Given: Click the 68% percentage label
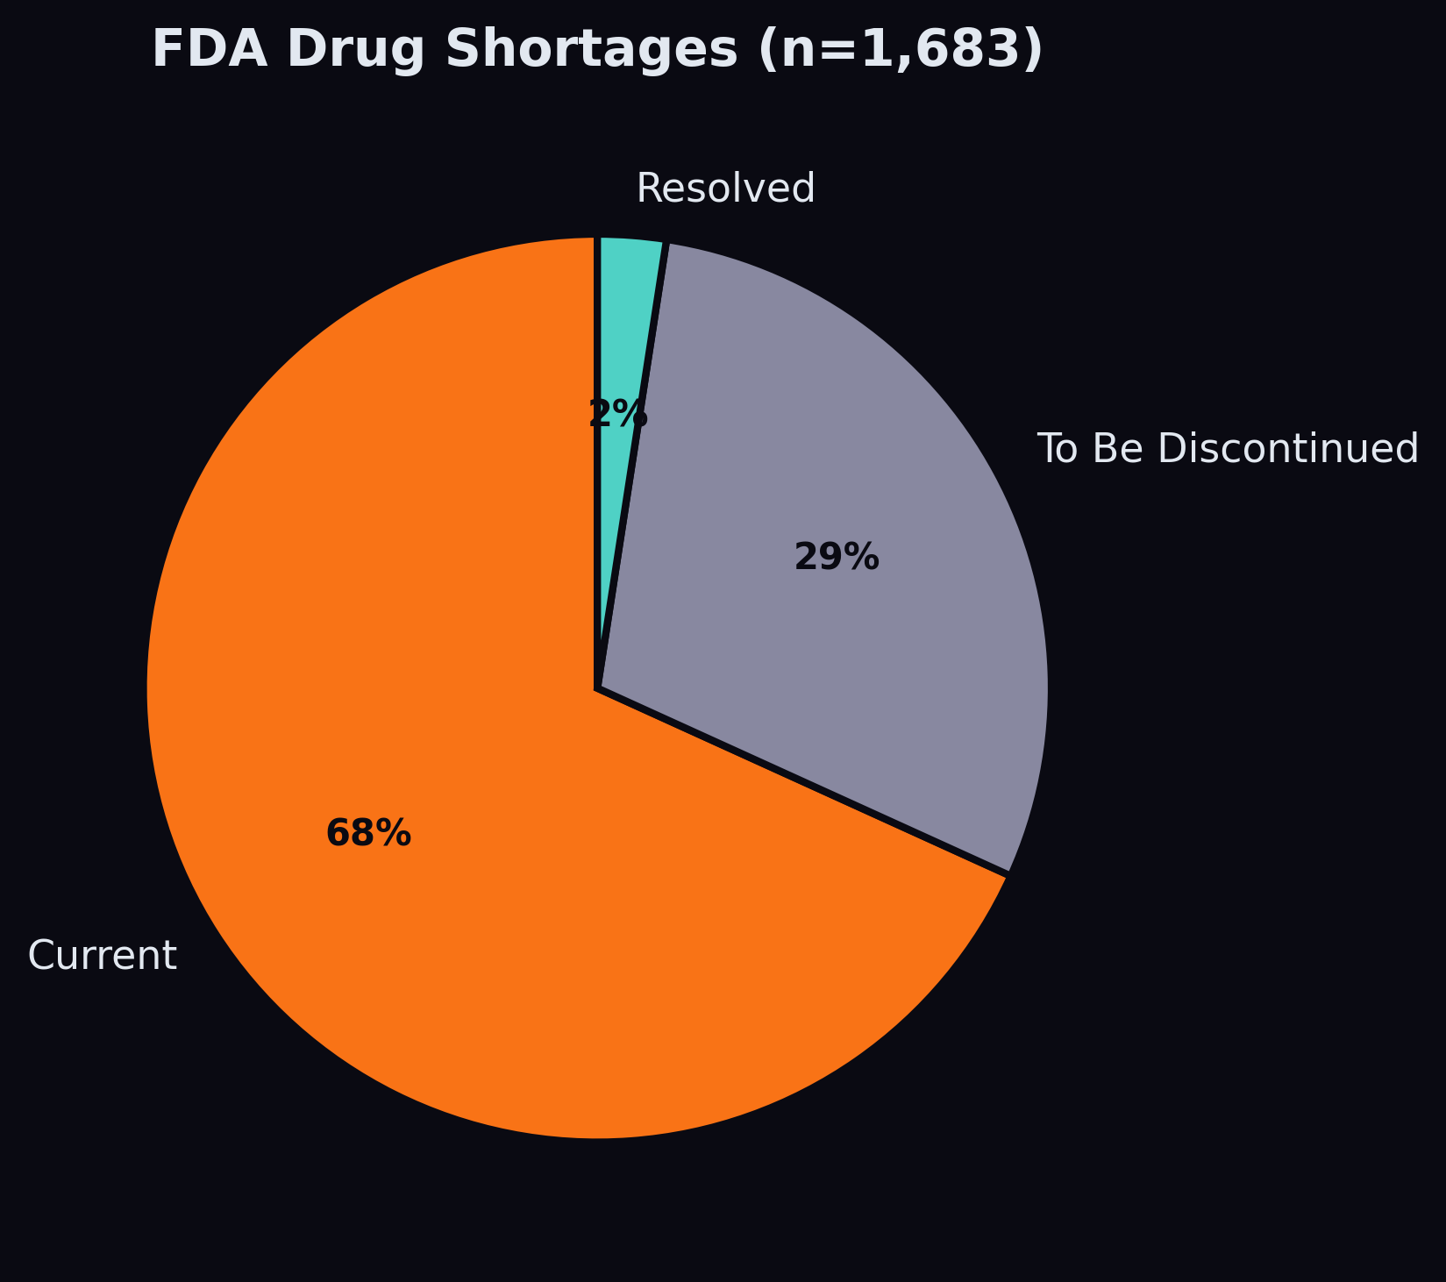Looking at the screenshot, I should coord(368,833).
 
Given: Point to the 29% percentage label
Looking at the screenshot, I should coord(837,558).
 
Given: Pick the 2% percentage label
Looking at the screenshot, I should coord(617,414).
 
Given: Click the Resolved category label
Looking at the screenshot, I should coord(725,189).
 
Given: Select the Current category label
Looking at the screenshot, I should coord(103,955).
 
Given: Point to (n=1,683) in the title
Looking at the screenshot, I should coord(901,49).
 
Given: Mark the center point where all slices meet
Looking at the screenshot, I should coord(597,688).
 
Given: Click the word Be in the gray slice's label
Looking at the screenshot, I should coord(1116,449).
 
